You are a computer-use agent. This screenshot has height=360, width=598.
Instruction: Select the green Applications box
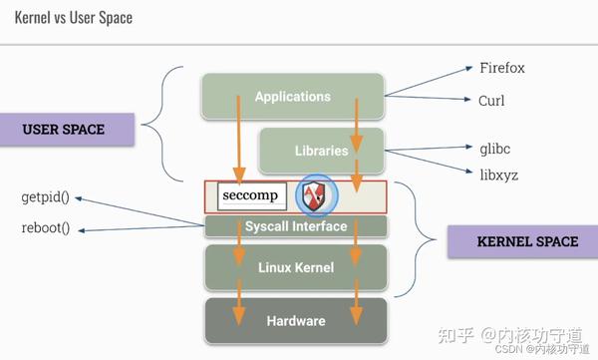[x=292, y=96]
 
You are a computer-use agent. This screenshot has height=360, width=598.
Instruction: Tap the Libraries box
[x=321, y=151]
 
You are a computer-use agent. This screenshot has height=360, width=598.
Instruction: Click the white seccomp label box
[x=247, y=195]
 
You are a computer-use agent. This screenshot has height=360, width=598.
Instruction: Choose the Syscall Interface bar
[x=295, y=226]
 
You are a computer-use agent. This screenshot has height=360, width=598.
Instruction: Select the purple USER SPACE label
[x=64, y=130]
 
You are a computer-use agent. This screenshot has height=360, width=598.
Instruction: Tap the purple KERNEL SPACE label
[x=512, y=241]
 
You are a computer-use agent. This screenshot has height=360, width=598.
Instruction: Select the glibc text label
[x=495, y=148]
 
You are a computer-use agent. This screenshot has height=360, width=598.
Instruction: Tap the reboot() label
[x=46, y=228]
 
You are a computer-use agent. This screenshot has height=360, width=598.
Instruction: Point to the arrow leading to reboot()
[x=140, y=229]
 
